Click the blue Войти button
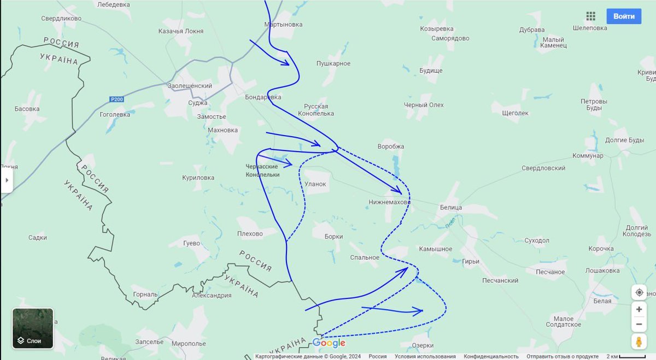click(x=624, y=16)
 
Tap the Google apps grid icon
click(x=590, y=16)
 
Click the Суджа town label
click(x=197, y=103)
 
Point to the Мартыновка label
click(x=283, y=25)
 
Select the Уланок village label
click(x=315, y=184)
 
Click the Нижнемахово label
click(x=389, y=202)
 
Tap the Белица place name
click(x=451, y=208)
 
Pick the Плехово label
click(x=250, y=234)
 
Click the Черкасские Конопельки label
click(x=262, y=170)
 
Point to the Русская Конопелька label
click(x=316, y=110)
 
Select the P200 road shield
click(x=116, y=99)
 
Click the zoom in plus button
click(x=639, y=309)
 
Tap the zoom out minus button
click(x=639, y=324)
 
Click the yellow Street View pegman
click(x=639, y=342)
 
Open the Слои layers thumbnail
click(x=33, y=329)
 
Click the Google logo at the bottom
click(x=329, y=343)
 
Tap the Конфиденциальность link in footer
click(x=488, y=356)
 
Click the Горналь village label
click(x=145, y=294)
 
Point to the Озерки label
click(x=424, y=346)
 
